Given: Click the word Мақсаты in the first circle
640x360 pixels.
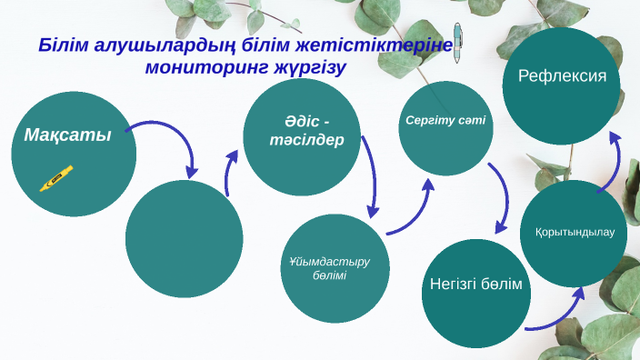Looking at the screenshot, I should coord(67,135).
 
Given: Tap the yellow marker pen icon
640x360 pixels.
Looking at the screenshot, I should coord(56,178).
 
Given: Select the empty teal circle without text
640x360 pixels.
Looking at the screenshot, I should coord(184,239).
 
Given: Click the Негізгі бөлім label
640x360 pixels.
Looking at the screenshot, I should coord(475,285).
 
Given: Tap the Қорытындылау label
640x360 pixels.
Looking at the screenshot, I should coord(575,232).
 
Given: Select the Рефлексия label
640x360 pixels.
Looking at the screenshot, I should coord(562,75).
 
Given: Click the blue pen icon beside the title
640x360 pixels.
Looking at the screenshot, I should coord(458,40).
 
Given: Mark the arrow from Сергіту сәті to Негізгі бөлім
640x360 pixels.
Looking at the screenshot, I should coord(500,195).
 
